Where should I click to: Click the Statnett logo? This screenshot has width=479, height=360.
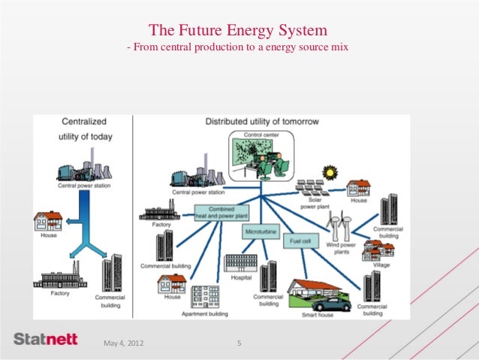pyautogui.click(x=45, y=340)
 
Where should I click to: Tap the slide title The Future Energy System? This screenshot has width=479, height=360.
pyautogui.click(x=239, y=31)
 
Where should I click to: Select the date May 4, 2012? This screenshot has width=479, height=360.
pyautogui.click(x=123, y=343)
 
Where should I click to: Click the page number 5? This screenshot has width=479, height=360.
pyautogui.click(x=238, y=343)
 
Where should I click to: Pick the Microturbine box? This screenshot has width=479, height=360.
pyautogui.click(x=261, y=233)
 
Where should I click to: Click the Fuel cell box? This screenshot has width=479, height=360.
pyautogui.click(x=301, y=242)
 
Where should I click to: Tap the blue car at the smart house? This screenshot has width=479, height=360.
pyautogui.click(x=330, y=304)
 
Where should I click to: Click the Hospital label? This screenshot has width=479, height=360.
pyautogui.click(x=240, y=277)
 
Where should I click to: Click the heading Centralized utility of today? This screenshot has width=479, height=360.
pyautogui.click(x=82, y=129)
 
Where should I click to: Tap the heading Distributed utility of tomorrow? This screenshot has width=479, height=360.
pyautogui.click(x=262, y=121)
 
